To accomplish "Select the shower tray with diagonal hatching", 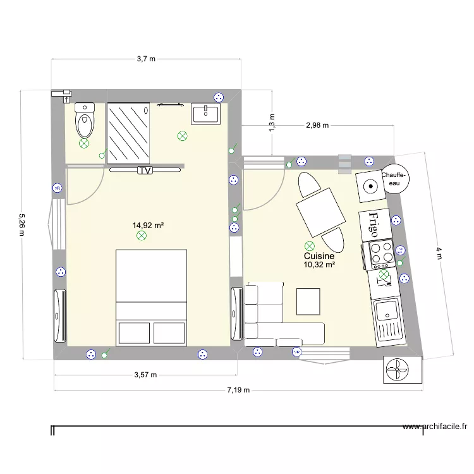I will click(129, 133).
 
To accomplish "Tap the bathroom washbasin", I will click(205, 114).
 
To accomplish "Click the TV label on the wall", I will click(145, 170).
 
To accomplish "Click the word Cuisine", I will click(319, 256).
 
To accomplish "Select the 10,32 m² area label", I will click(319, 265).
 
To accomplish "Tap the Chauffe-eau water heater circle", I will click(394, 179).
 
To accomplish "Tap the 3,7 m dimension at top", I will click(146, 59).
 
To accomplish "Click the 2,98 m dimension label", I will click(317, 125).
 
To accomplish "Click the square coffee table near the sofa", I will click(309, 301).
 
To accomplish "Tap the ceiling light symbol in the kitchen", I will click(310, 245).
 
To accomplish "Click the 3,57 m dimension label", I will click(145, 374).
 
